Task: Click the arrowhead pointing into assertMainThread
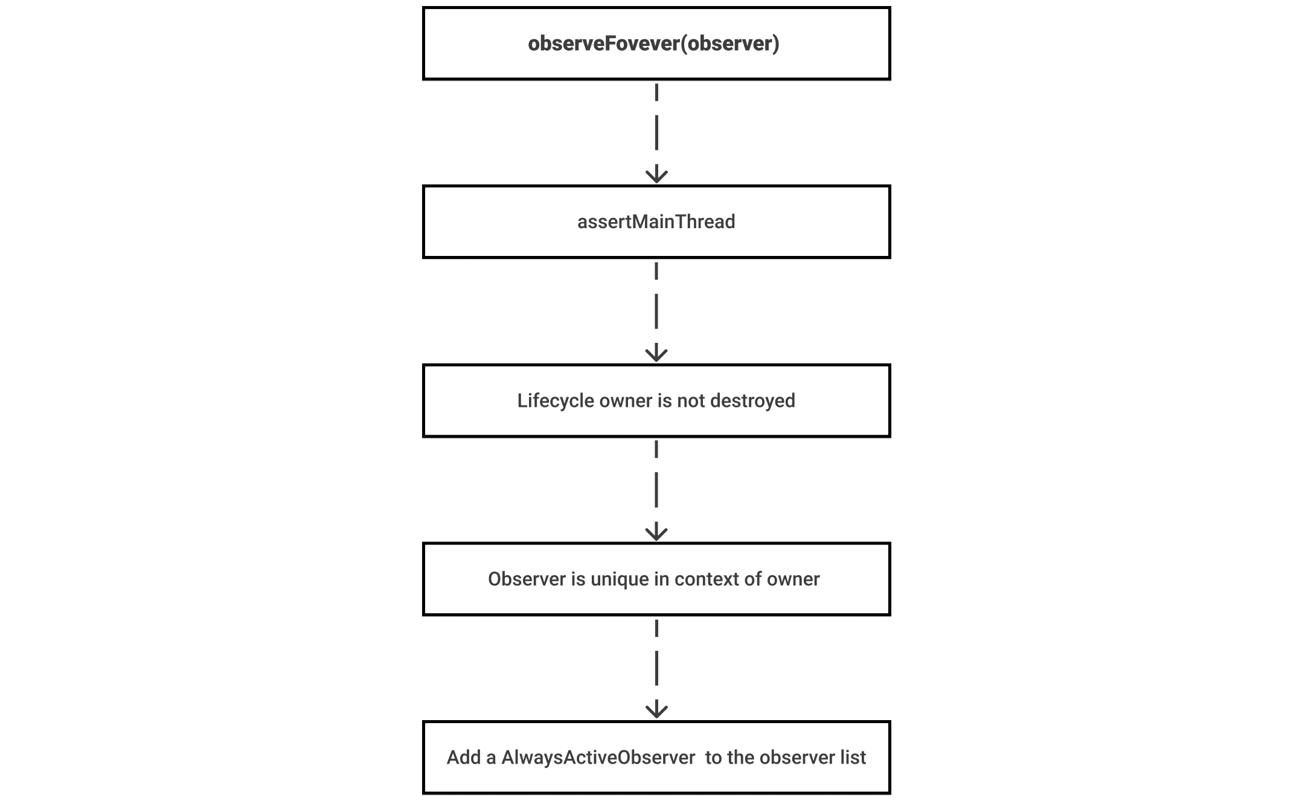click(656, 176)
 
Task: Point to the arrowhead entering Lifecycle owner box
click(656, 354)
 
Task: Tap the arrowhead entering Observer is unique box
click(656, 532)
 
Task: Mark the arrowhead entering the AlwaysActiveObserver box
click(656, 710)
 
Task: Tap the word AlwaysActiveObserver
click(598, 758)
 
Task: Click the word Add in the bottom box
click(463, 758)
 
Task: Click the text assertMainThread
click(656, 222)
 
